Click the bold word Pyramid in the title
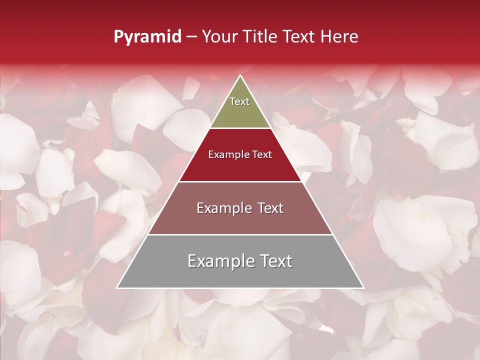[147, 37]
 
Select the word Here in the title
[339, 37]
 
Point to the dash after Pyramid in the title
[191, 37]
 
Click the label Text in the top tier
[239, 101]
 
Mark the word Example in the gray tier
[220, 261]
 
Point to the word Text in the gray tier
[274, 261]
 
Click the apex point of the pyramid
[240, 76]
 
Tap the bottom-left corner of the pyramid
[118, 287]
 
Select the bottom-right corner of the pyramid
[363, 287]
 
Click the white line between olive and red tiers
[240, 128]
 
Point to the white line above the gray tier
[240, 234]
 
